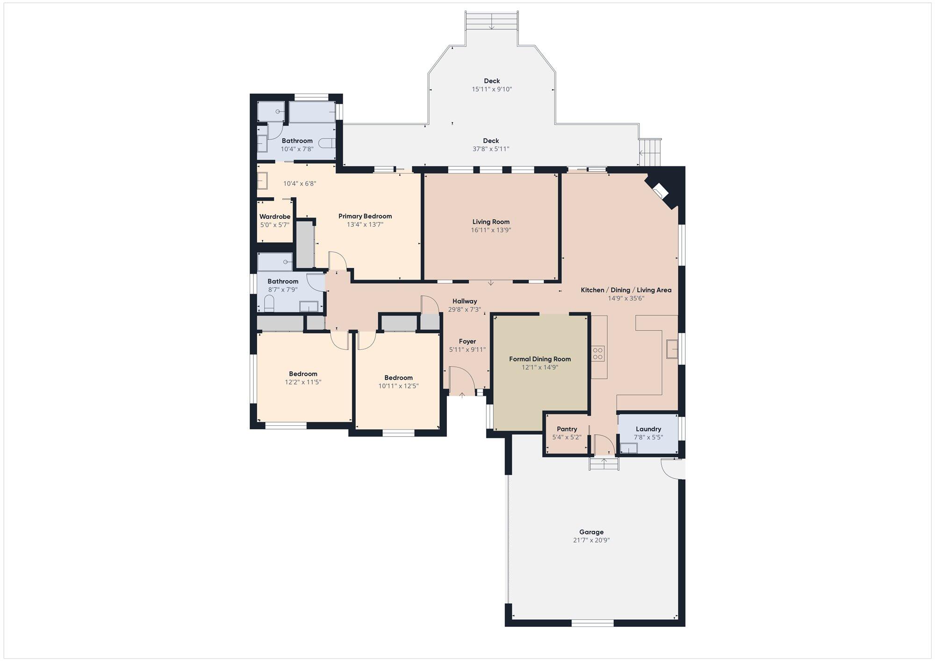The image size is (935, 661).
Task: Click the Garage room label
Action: pyautogui.click(x=591, y=532)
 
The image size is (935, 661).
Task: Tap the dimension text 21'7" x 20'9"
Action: pyautogui.click(x=591, y=540)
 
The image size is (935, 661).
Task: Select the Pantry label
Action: pyautogui.click(x=567, y=429)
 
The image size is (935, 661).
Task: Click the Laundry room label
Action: pyautogui.click(x=648, y=429)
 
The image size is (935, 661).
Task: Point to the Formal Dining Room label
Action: pyautogui.click(x=539, y=359)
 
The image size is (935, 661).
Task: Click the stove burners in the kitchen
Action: pyautogui.click(x=598, y=353)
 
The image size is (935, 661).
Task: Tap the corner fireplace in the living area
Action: pyautogui.click(x=660, y=192)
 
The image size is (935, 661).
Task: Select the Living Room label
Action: pyautogui.click(x=490, y=222)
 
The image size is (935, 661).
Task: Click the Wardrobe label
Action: pyautogui.click(x=274, y=217)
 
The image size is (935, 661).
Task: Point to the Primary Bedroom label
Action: pyautogui.click(x=365, y=216)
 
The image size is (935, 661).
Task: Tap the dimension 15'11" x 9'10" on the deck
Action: pyautogui.click(x=491, y=89)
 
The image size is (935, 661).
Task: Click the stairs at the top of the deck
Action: pyautogui.click(x=491, y=21)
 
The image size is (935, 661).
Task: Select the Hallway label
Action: pyautogui.click(x=464, y=302)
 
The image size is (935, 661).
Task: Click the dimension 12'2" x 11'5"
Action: pyautogui.click(x=303, y=382)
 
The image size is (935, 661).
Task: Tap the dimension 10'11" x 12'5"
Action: pyautogui.click(x=398, y=386)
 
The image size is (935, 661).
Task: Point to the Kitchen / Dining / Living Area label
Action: pyautogui.click(x=626, y=290)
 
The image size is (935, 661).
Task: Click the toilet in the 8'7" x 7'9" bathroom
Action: pyautogui.click(x=269, y=305)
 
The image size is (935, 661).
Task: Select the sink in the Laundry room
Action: pyautogui.click(x=629, y=448)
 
